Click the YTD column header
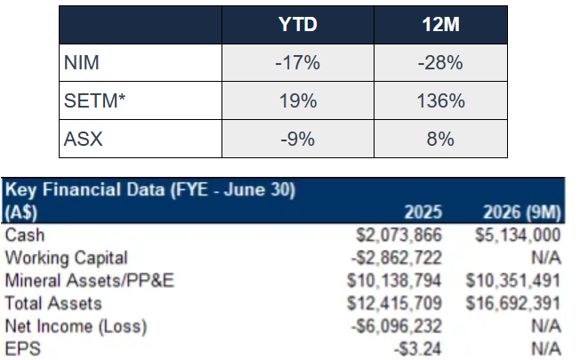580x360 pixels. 298,25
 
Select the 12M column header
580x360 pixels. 440,25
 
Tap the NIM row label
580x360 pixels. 81,62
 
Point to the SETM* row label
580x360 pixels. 94,100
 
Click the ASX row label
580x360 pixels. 84,139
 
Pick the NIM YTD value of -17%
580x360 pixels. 297,62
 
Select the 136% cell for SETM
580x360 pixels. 440,100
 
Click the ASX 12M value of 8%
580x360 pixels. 440,139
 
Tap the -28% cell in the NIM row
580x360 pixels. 440,62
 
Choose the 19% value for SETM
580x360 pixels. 298,100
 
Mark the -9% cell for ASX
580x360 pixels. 297,139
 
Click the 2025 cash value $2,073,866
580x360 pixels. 399,235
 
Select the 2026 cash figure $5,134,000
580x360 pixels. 518,235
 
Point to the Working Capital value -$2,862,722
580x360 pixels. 397,258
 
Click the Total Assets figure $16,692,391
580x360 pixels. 513,303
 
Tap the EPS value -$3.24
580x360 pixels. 418,349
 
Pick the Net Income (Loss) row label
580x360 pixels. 77,326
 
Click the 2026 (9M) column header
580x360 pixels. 522,212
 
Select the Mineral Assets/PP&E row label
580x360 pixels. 90,281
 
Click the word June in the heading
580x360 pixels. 245,189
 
